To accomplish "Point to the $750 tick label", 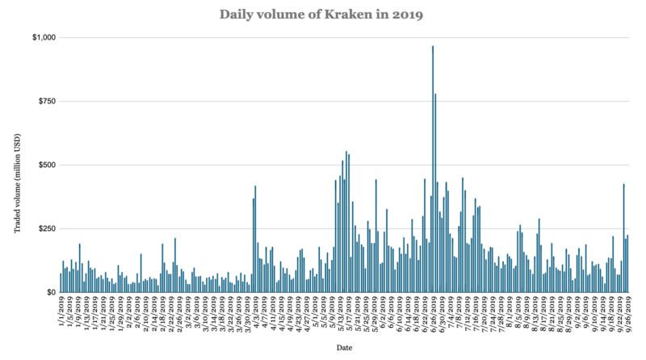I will tap(44, 102).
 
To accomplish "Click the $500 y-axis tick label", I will tap(44, 165).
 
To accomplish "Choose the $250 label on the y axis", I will tap(44, 229).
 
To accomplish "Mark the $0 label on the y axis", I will tap(48, 293).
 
